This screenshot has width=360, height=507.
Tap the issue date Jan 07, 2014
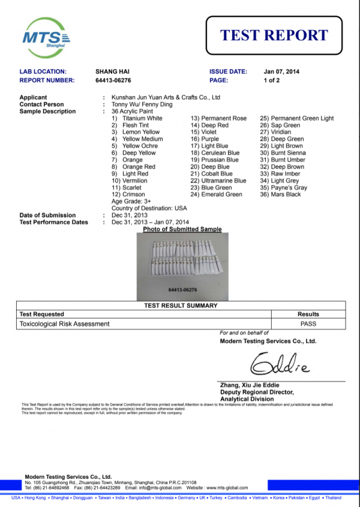pos(281,72)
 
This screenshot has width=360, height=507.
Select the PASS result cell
pos(308,323)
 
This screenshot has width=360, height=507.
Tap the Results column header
pos(308,314)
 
